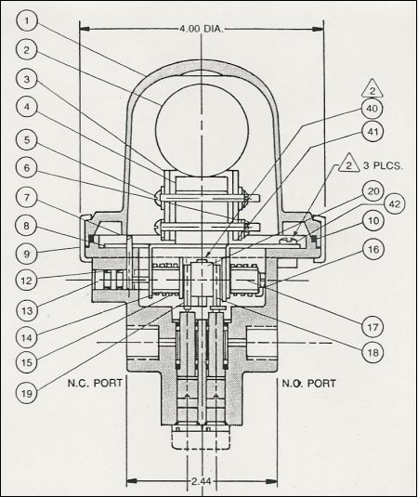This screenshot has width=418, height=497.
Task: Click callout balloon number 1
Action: click(x=27, y=21)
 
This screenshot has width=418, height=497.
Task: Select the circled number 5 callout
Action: click(x=27, y=139)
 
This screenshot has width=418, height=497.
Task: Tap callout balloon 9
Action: click(x=27, y=254)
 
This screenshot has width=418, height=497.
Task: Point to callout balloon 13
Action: click(x=27, y=311)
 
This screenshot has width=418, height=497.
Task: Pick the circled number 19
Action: click(x=27, y=393)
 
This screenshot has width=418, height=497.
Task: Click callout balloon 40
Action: click(x=372, y=109)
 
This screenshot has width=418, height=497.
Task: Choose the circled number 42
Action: click(x=394, y=203)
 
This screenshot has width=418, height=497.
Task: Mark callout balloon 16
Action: click(x=372, y=250)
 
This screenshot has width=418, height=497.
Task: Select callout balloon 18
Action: click(x=372, y=352)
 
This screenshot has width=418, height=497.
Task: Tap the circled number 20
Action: click(x=372, y=191)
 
